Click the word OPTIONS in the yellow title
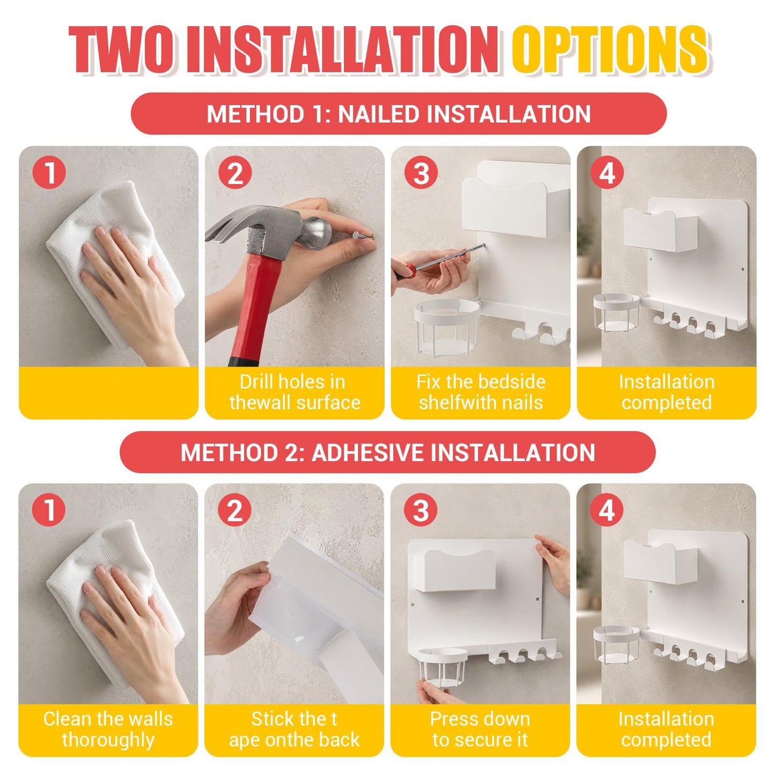[610, 50]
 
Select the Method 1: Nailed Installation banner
[398, 113]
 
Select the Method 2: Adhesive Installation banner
[388, 452]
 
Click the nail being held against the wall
[363, 238]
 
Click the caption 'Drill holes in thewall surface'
[294, 392]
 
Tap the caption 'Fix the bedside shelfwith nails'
[481, 392]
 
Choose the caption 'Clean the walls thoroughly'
[108, 729]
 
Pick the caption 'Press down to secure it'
[480, 729]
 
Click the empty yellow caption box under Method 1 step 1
[108, 393]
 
